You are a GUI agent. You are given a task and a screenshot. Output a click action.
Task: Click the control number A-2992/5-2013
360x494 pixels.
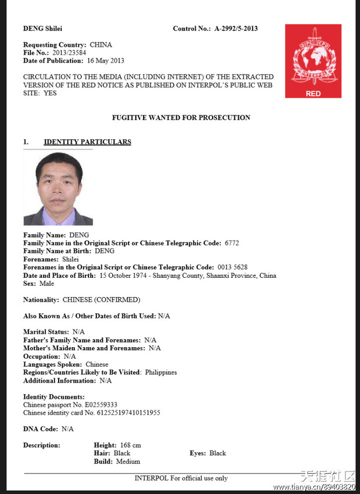pyautogui.click(x=236, y=28)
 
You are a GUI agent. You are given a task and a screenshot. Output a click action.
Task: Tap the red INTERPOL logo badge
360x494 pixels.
pyautogui.click(x=313, y=61)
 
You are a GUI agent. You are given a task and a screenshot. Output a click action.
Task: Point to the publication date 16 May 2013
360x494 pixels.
pyautogui.click(x=105, y=60)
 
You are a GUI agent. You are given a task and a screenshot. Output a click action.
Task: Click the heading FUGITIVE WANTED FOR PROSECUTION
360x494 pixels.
pyautogui.click(x=181, y=118)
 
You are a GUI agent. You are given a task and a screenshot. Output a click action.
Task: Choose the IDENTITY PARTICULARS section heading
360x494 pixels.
pyautogui.click(x=87, y=142)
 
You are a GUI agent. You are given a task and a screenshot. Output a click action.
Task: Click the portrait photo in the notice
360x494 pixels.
pyautogui.click(x=58, y=189)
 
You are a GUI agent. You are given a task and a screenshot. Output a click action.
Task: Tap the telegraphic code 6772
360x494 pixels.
pyautogui.click(x=232, y=243)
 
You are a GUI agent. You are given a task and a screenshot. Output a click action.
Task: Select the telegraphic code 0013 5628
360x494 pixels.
pyautogui.click(x=232, y=267)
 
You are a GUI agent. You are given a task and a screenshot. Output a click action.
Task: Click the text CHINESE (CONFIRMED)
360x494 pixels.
pyautogui.click(x=101, y=300)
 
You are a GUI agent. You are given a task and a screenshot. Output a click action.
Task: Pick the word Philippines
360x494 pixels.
pyautogui.click(x=161, y=372)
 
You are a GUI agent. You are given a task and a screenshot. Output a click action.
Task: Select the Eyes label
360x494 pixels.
pyautogui.click(x=197, y=453)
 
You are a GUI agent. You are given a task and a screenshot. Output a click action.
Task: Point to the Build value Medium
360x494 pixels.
pyautogui.click(x=128, y=462)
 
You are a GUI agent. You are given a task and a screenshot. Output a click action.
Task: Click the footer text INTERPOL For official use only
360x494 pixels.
pyautogui.click(x=181, y=478)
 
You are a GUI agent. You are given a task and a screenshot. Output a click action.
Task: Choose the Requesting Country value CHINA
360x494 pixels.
pyautogui.click(x=101, y=44)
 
